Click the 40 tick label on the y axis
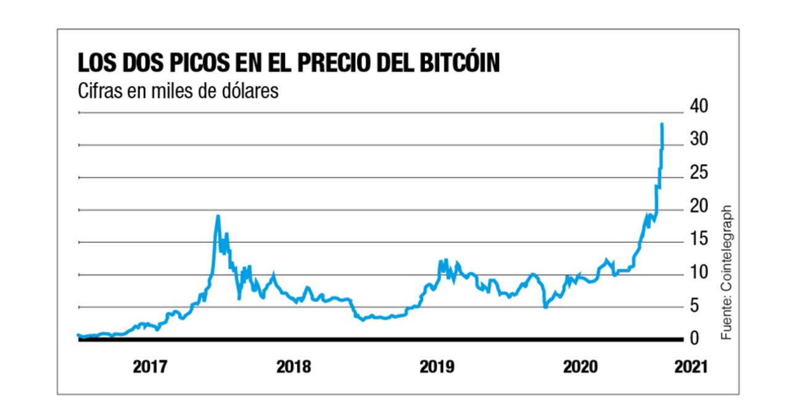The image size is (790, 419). (699, 106)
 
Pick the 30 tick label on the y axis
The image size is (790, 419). (699, 139)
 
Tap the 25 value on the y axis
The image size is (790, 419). (699, 172)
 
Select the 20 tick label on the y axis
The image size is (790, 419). (699, 206)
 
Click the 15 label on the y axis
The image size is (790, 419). (699, 239)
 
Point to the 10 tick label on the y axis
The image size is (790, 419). (699, 272)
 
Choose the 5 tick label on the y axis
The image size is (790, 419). (694, 305)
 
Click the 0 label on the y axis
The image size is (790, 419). (694, 339)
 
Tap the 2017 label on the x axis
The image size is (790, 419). (150, 366)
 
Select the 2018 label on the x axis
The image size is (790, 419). (293, 366)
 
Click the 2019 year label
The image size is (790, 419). (437, 366)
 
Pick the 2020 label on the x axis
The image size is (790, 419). (580, 366)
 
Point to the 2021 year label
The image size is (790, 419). (691, 366)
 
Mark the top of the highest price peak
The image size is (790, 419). (662, 124)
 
